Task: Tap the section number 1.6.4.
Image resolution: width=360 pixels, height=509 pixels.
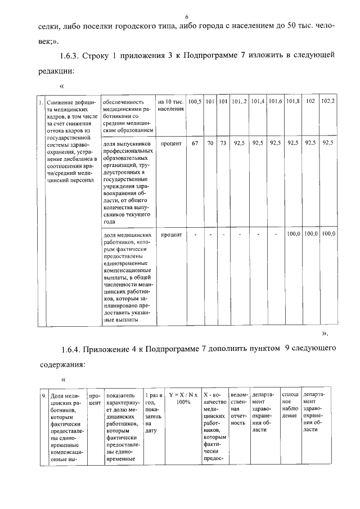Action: coord(71,349)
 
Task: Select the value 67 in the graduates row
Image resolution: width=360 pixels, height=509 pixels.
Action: coord(195,143)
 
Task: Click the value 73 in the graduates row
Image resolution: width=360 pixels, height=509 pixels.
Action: coord(223,143)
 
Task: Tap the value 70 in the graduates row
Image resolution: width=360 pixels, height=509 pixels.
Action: coord(209,143)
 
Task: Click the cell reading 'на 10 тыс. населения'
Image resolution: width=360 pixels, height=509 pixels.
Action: coord(170,105)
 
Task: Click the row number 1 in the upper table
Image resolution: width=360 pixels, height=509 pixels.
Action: coord(40,102)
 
